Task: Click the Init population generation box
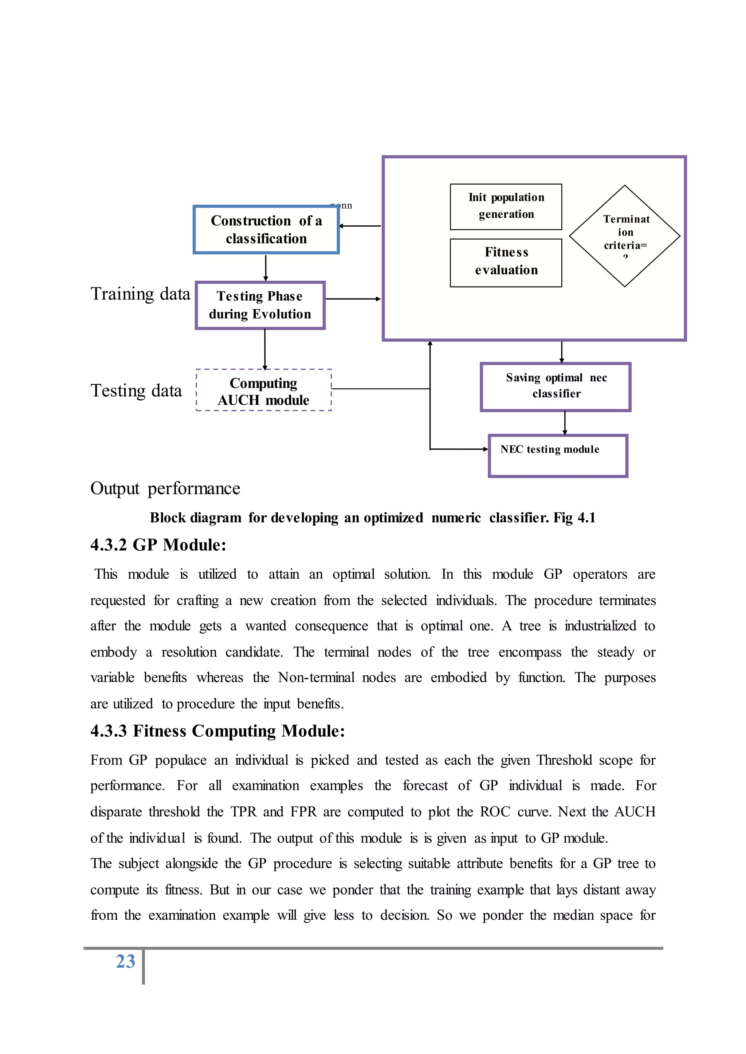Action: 506,207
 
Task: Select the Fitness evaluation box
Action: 506,262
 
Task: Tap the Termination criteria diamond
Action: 625,236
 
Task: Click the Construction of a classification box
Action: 266,230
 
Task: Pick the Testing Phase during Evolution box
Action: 260,305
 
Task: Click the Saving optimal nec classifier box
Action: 556,387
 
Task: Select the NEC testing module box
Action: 558,455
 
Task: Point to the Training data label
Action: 140,294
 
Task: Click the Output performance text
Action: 165,488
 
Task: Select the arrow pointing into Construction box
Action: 360,226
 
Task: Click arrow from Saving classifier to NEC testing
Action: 565,423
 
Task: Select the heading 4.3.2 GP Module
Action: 158,545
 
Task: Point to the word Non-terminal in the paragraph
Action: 316,678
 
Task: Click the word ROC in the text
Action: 495,812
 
